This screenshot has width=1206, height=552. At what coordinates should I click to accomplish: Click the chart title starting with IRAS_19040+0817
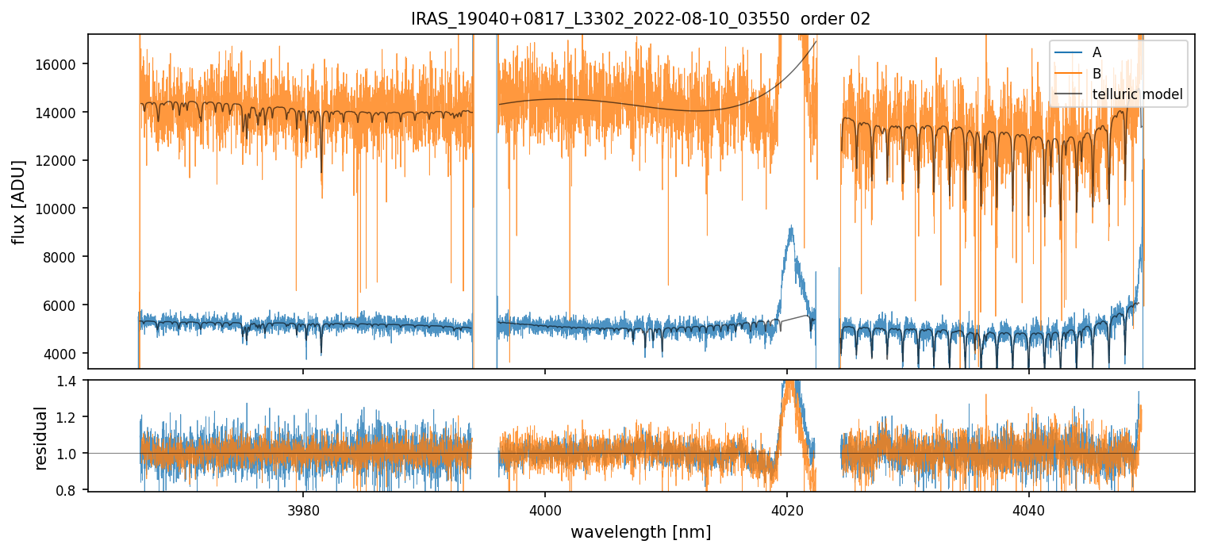640,19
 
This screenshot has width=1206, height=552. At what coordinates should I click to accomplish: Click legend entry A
1097,52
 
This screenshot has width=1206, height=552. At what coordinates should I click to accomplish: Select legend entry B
1097,74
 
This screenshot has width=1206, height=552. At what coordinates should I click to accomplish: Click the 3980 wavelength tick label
303,509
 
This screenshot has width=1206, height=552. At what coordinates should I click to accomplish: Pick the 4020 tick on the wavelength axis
786,509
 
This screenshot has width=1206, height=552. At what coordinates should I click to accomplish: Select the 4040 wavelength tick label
1028,509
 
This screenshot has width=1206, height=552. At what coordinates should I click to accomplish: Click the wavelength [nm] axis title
640,531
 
